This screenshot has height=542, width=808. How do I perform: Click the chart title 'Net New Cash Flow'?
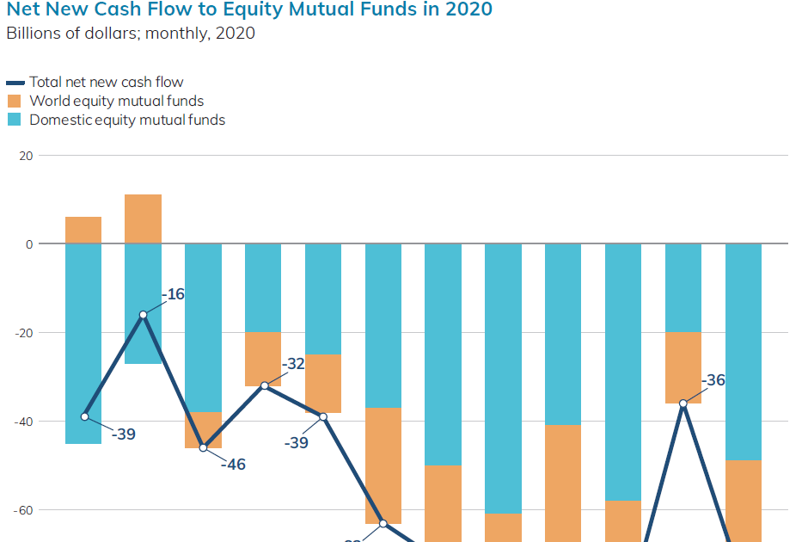coord(249,10)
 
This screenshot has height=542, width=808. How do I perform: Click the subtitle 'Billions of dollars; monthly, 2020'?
coord(131,34)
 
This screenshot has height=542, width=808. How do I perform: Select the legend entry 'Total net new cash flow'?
coord(106,82)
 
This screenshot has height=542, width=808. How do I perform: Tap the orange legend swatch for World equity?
coord(15,101)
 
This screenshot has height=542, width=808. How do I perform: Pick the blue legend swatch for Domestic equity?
coord(15,120)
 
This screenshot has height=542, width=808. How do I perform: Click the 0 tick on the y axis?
coord(28,244)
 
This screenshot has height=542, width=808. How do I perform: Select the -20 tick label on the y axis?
coord(23,333)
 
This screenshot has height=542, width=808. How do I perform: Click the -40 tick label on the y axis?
coord(23,422)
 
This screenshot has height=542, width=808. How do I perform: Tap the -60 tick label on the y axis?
coord(23,510)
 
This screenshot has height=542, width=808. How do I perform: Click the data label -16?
coord(173,294)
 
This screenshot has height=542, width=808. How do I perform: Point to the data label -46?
coord(232,465)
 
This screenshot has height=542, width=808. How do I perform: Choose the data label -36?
coord(713,380)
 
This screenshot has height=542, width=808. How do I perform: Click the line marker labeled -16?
coord(143,315)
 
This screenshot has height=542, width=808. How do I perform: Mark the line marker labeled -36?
coord(683,403)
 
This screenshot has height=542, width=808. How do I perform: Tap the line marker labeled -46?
coord(203,447)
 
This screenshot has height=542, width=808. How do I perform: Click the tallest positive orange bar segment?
coord(143,219)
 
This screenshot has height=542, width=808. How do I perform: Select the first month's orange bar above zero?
coord(83,230)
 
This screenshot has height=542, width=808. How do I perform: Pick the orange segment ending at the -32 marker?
coord(263,359)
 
